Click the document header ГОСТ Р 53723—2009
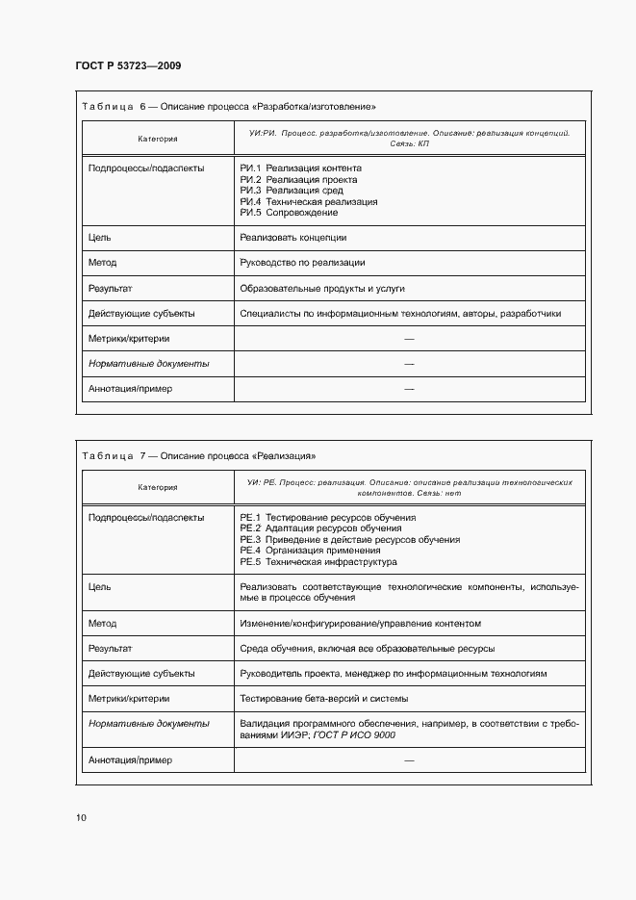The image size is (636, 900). point(128,65)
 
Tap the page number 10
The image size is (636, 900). point(81,817)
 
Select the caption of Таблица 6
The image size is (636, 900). point(229,106)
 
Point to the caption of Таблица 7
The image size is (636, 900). point(199,455)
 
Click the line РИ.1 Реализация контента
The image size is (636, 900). point(300,167)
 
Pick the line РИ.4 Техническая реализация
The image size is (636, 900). point(308,202)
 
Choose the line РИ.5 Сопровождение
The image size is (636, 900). point(289,214)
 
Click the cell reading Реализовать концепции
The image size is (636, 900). point(293,238)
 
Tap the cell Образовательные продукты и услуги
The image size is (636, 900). point(321,288)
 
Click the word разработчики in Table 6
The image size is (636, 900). point(530,314)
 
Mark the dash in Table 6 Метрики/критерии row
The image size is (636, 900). point(409,339)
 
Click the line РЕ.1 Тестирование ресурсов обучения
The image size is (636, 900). point(327,517)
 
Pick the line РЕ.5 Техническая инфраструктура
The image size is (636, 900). point(318,562)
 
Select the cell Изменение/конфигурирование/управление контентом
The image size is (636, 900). point(360,624)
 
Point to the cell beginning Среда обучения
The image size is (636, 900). point(367,649)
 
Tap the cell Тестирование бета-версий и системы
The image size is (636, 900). point(323,699)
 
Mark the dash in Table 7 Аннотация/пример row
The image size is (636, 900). point(409,760)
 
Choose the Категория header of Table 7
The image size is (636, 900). point(157,487)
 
